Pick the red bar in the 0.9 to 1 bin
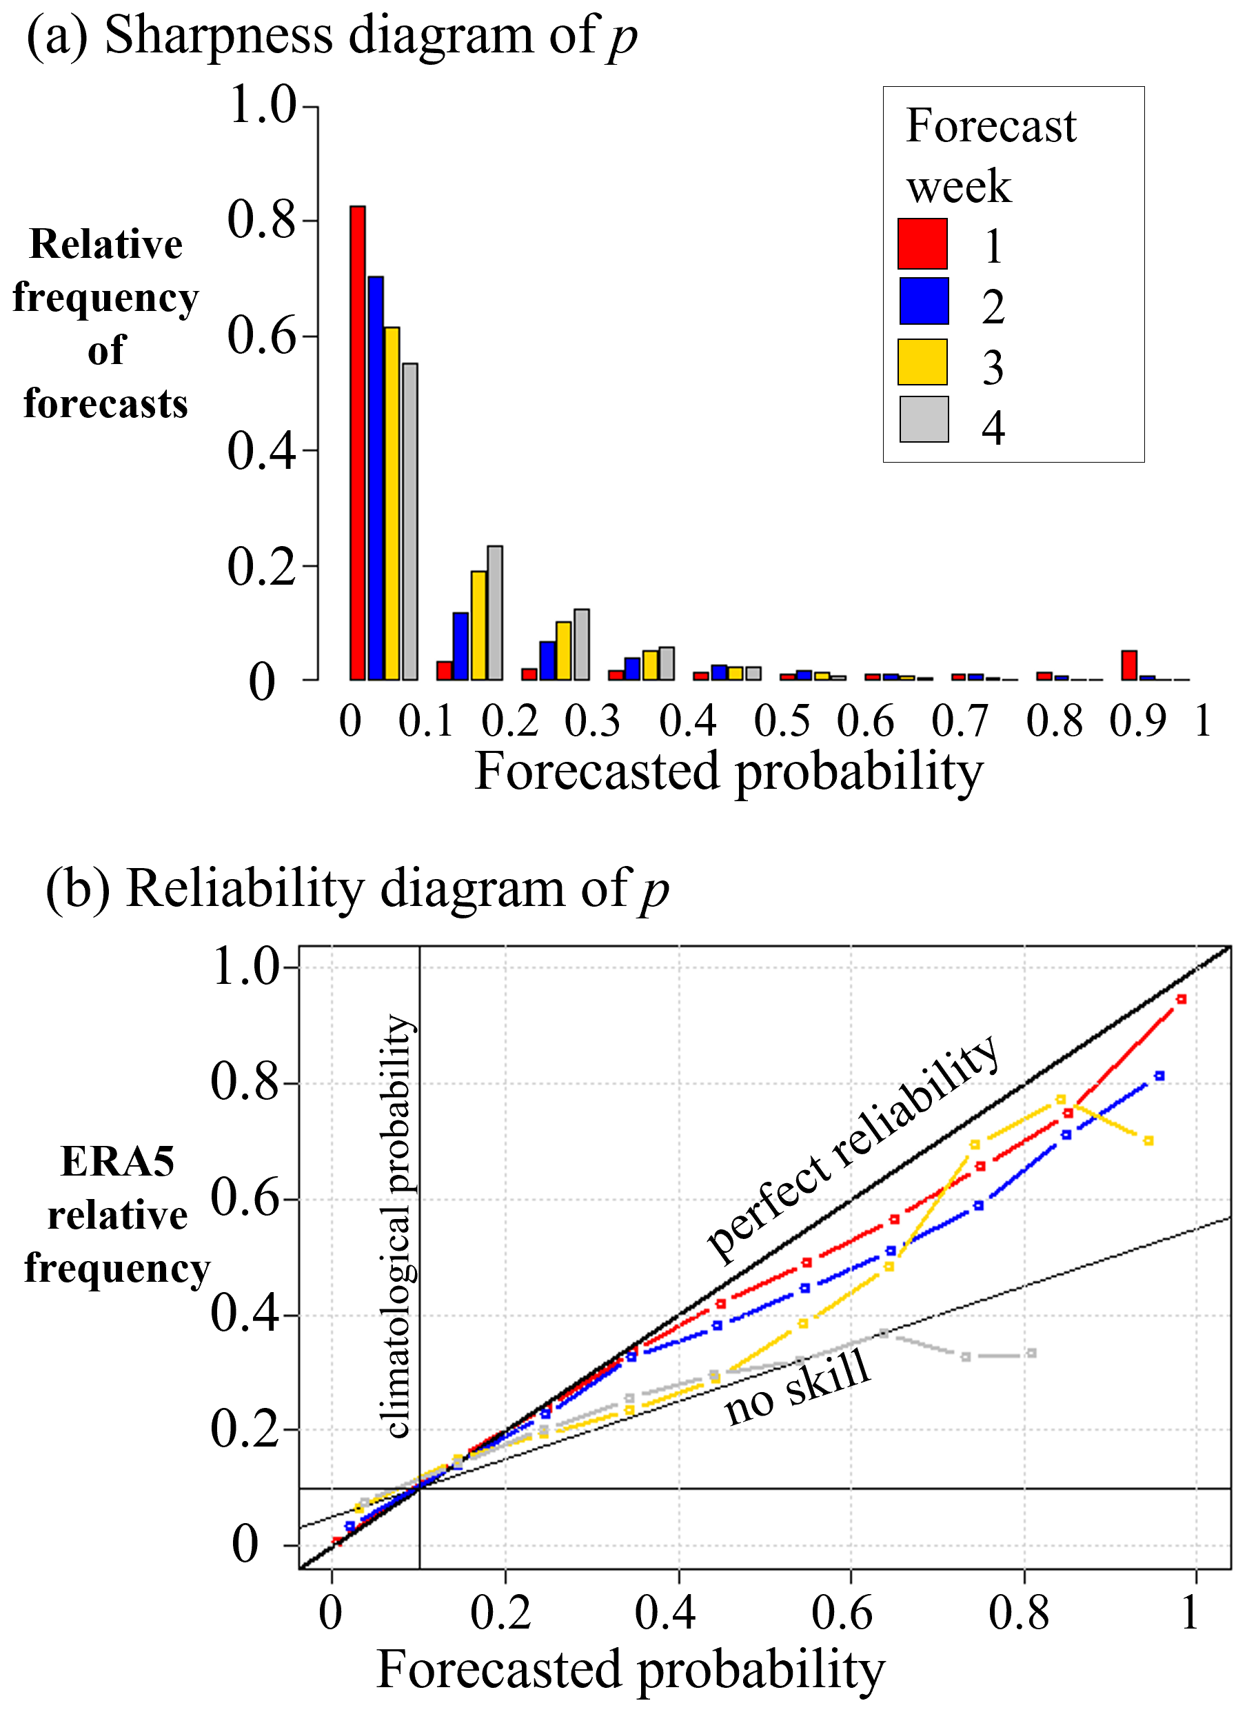[1128, 665]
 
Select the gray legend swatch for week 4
[923, 419]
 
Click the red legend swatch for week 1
[922, 244]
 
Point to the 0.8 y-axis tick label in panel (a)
[261, 220]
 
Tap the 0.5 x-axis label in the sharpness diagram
[781, 721]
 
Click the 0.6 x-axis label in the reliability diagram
[842, 1614]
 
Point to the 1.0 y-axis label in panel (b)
[246, 967]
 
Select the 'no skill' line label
[797, 1387]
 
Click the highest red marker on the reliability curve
[1182, 1000]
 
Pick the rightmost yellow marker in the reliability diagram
[1148, 1140]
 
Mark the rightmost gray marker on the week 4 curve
[1031, 1353]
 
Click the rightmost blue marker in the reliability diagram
[1159, 1076]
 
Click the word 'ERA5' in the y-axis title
[117, 1162]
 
